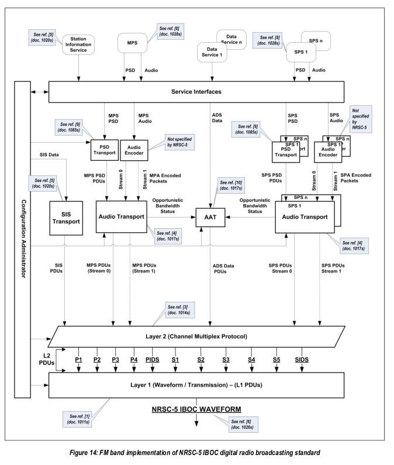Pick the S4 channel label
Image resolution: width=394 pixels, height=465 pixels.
click(x=251, y=359)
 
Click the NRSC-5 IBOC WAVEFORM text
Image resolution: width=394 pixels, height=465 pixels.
click(x=196, y=408)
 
